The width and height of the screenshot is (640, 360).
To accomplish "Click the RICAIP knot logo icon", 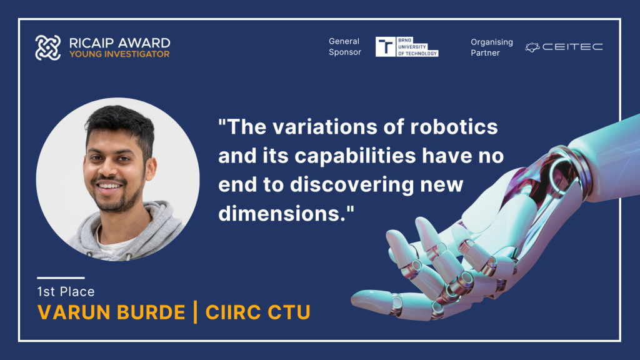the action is point(47,47).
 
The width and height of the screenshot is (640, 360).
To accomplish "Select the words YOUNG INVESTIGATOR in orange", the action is point(119,54).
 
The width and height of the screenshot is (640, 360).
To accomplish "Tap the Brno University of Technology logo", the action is point(407,46).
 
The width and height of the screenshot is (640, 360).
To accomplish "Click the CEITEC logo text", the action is point(572,47).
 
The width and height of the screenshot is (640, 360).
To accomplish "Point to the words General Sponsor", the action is point(345,46).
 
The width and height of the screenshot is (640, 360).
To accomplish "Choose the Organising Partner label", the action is point(491,47).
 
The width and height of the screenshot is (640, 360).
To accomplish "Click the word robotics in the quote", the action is point(454,127).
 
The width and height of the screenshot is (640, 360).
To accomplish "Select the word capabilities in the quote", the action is point(355,156).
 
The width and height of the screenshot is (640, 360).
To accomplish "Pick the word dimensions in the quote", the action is point(282,214).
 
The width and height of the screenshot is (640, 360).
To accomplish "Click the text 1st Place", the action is point(66,291).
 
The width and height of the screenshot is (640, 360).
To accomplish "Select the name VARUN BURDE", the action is point(111,312).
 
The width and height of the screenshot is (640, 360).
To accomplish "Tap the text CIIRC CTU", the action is point(257,312).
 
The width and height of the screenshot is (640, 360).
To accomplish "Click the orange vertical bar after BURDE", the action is point(195,312).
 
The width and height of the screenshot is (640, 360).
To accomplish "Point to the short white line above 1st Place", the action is point(61,278).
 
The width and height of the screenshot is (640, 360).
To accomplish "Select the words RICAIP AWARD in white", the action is point(119,43).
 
